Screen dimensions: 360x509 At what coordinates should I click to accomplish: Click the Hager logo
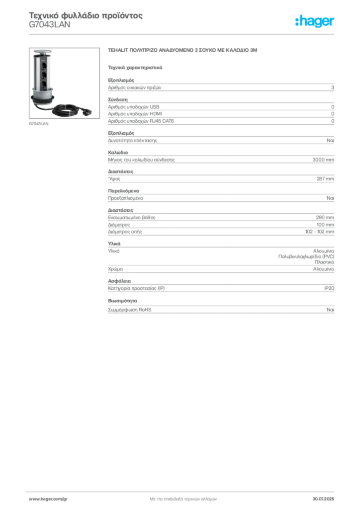pyautogui.click(x=315, y=21)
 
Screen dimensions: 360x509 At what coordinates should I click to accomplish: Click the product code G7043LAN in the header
pyautogui.click(x=49, y=25)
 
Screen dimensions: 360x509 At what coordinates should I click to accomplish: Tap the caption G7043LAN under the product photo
pyautogui.click(x=39, y=124)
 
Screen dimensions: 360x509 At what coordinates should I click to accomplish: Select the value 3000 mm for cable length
pyautogui.click(x=323, y=160)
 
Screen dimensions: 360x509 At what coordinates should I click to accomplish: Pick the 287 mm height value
pyautogui.click(x=325, y=179)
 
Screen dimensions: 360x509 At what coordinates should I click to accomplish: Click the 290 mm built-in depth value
pyautogui.click(x=325, y=218)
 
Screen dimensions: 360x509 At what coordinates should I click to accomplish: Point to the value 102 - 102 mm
pyautogui.click(x=319, y=232)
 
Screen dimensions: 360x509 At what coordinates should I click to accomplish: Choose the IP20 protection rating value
pyautogui.click(x=329, y=288)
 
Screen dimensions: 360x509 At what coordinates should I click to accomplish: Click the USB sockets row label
pyautogui.click(x=133, y=107)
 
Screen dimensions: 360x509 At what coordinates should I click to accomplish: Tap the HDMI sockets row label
pyautogui.click(x=135, y=114)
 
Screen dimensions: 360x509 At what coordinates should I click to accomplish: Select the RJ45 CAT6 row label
pyautogui.click(x=141, y=121)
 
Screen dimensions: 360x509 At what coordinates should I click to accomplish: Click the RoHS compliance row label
pyautogui.click(x=129, y=310)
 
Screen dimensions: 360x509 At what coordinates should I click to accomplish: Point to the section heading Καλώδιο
pyautogui.click(x=118, y=152)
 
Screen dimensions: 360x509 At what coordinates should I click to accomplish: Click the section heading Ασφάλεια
pyautogui.click(x=119, y=281)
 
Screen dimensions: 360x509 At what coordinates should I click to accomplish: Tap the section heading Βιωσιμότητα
pyautogui.click(x=122, y=301)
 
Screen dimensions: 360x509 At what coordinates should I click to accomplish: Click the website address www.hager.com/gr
pyautogui.click(x=48, y=499)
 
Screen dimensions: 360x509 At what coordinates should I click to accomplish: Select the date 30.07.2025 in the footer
pyautogui.click(x=323, y=499)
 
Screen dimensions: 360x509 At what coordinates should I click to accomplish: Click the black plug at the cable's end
pyautogui.click(x=87, y=112)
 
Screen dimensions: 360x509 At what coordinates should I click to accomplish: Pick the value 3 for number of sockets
pyautogui.click(x=333, y=87)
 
